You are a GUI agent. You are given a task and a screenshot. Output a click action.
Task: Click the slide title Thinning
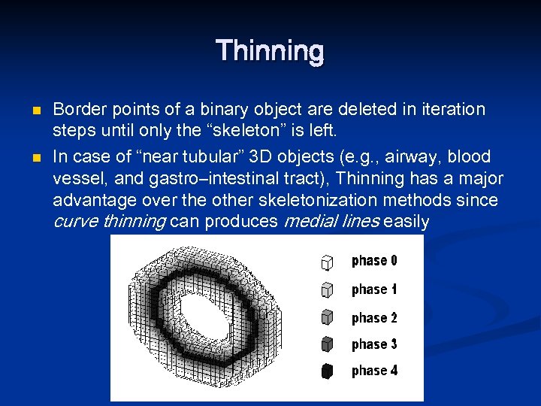[x=270, y=52]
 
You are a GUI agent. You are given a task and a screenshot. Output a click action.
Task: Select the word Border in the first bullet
[x=77, y=110]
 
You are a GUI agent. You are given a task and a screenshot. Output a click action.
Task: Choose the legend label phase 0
[x=374, y=261]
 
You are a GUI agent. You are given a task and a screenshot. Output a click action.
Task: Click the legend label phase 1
[x=374, y=289]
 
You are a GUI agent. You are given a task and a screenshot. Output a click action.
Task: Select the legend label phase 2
[x=374, y=318]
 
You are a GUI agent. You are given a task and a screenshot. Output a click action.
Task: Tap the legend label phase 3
[x=374, y=344]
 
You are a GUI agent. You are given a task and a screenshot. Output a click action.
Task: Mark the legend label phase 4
[x=374, y=371]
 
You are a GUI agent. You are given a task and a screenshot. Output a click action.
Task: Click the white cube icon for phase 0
[x=327, y=262]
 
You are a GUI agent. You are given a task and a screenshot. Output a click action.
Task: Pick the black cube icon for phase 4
[x=327, y=371]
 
